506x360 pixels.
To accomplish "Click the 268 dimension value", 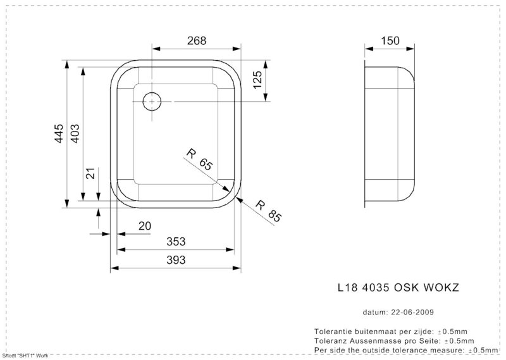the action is (x=197, y=40).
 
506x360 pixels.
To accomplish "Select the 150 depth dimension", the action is (x=390, y=40).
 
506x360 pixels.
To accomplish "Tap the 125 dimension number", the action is (x=257, y=80).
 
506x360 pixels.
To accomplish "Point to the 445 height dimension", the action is (x=59, y=133).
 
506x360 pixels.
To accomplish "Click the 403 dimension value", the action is (x=75, y=133).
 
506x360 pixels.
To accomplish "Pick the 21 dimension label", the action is (x=92, y=173).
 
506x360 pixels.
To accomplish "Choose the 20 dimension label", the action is (x=145, y=226).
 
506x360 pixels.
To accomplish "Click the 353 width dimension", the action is (x=176, y=242).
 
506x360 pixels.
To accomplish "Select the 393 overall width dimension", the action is (x=176, y=260).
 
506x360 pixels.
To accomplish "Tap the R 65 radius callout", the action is (x=200, y=159).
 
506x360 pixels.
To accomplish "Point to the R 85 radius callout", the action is (x=268, y=211).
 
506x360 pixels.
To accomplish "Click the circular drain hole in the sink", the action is (x=152, y=101).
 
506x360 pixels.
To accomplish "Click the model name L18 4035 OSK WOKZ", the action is (x=398, y=287).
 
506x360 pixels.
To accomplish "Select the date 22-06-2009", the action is (x=412, y=312).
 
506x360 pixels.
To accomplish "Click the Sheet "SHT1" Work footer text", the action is (x=25, y=356).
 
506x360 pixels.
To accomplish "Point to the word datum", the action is (x=375, y=312).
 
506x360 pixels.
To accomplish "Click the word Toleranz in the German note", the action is (x=328, y=341).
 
